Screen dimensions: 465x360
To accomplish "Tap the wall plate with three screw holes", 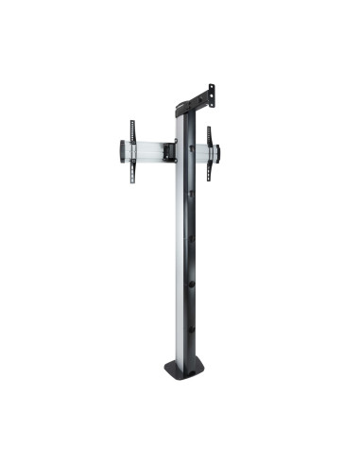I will pos(211,95).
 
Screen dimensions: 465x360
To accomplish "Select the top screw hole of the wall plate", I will pos(211,89).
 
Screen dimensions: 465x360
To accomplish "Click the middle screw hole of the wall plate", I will pos(212,95).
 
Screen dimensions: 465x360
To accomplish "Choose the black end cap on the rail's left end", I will pos(122,151).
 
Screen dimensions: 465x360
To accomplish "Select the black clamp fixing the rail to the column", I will pos(168,150).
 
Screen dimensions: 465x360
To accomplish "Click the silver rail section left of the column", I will pos(146,151).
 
